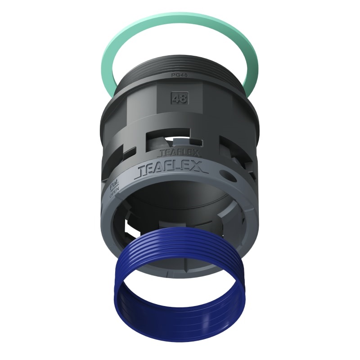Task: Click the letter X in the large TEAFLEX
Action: (199, 168)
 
